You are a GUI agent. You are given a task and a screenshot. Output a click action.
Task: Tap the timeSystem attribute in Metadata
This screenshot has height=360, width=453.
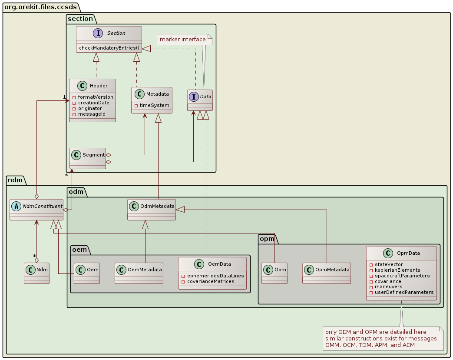tap(152, 105)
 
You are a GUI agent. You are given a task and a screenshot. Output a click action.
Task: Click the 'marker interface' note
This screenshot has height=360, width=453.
tap(182, 40)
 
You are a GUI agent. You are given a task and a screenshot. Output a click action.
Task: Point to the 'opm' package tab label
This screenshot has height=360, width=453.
tap(266, 239)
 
